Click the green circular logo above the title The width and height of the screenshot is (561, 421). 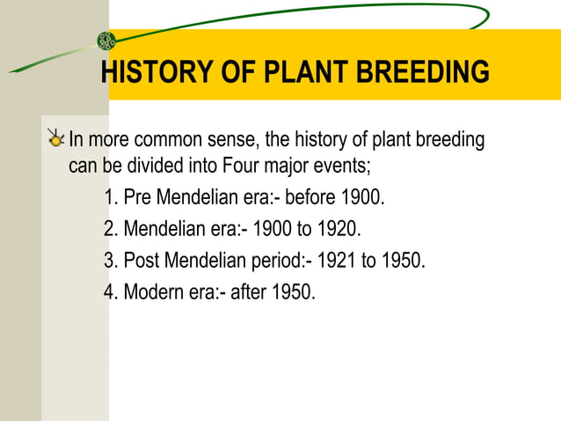[106, 40]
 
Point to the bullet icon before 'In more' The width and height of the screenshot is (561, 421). [57, 138]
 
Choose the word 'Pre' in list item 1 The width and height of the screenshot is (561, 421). [138, 196]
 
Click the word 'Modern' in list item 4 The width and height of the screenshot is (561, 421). [154, 292]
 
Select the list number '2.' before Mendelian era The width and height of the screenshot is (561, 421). [111, 229]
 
